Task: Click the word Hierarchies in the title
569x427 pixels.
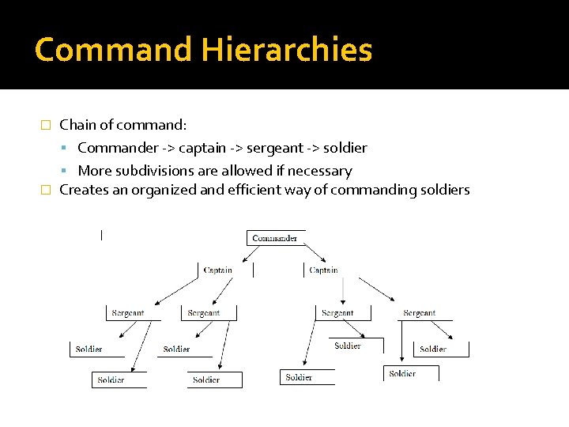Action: [287, 50]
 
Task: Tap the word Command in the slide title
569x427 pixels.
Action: [114, 50]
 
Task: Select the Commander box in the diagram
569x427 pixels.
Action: [275, 238]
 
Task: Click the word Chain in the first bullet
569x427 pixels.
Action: [77, 125]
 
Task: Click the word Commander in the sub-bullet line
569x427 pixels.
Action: [118, 148]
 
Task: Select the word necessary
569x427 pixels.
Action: [319, 171]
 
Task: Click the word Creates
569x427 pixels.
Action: [83, 190]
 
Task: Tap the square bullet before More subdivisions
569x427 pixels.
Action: [70, 171]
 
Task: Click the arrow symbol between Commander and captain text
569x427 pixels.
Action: [168, 148]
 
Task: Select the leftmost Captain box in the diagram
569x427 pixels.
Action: [217, 270]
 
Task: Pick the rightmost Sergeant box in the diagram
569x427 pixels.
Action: [419, 313]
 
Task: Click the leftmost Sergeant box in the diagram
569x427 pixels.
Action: [127, 313]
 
